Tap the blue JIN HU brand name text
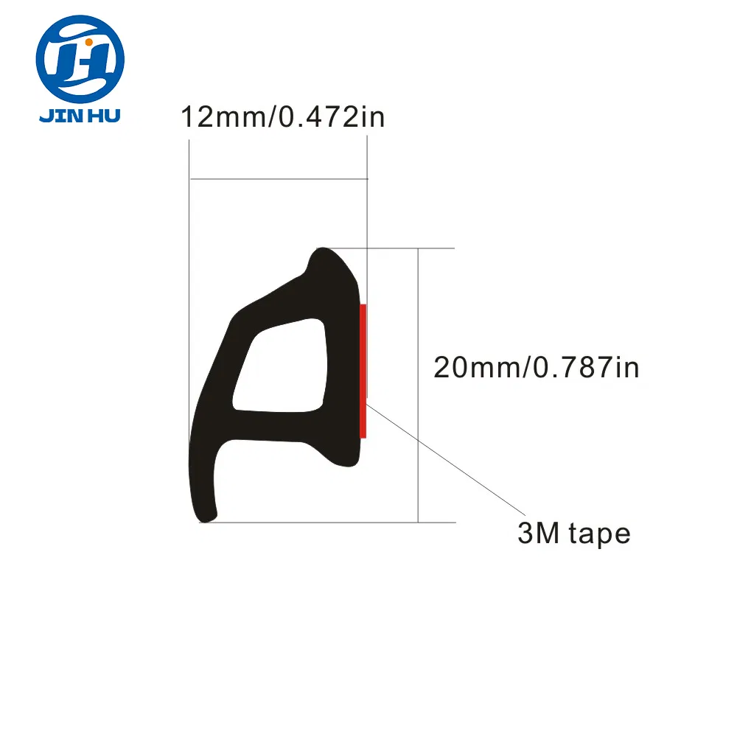[x=80, y=116]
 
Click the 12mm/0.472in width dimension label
[x=283, y=116]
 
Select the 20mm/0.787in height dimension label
[x=536, y=366]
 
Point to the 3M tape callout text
[x=573, y=533]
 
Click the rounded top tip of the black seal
[x=324, y=254]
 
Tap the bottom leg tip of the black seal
[x=205, y=516]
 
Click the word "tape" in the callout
[x=599, y=534]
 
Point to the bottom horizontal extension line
[x=332, y=523]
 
